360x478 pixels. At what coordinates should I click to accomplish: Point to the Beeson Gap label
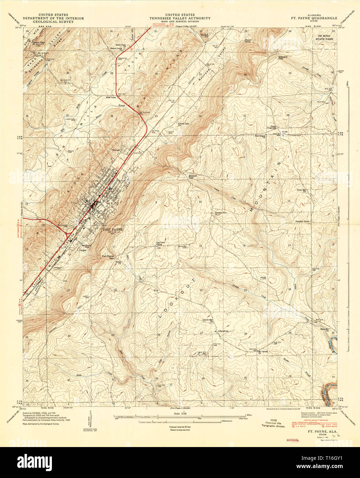[x=193, y=176]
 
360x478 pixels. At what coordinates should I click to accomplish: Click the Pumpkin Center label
[x=303, y=221]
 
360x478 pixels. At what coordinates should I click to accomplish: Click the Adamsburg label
[x=223, y=331]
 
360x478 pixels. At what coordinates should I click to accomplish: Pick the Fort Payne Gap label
[x=108, y=257]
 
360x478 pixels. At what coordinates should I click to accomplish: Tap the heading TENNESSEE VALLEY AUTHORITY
[x=180, y=18]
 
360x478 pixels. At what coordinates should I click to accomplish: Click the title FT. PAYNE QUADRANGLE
[x=314, y=18]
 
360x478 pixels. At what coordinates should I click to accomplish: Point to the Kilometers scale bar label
[x=225, y=421]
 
